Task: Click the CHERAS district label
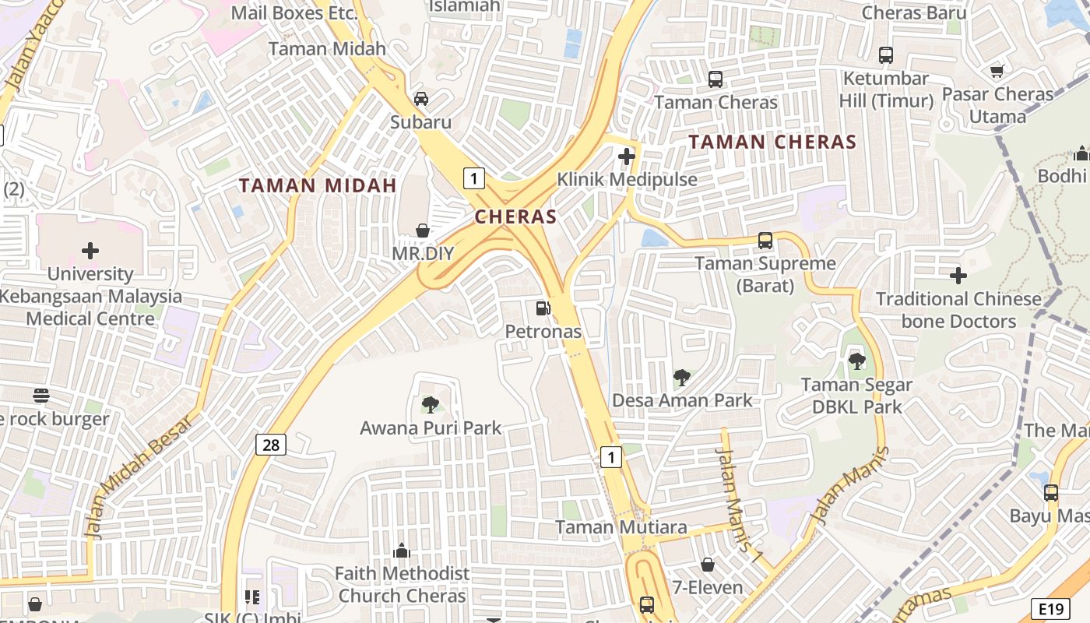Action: click(515, 216)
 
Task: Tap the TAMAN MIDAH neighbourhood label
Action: click(318, 185)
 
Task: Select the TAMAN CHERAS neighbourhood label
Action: click(772, 142)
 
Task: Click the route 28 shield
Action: click(270, 445)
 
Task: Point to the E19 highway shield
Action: click(1049, 608)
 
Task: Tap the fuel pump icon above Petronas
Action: click(543, 308)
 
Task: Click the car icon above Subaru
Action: click(421, 98)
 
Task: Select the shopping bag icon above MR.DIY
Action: click(423, 230)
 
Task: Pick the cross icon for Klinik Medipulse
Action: click(627, 157)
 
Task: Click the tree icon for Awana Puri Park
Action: click(430, 404)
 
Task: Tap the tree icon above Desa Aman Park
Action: click(681, 378)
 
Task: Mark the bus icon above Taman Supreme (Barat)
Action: click(765, 240)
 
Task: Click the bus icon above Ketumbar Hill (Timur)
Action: click(885, 55)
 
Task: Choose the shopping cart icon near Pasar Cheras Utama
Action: click(997, 71)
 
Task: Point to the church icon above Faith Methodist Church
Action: click(402, 551)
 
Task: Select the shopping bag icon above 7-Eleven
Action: click(708, 564)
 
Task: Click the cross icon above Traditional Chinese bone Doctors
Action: click(958, 275)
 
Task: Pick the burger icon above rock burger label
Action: click(41, 396)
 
